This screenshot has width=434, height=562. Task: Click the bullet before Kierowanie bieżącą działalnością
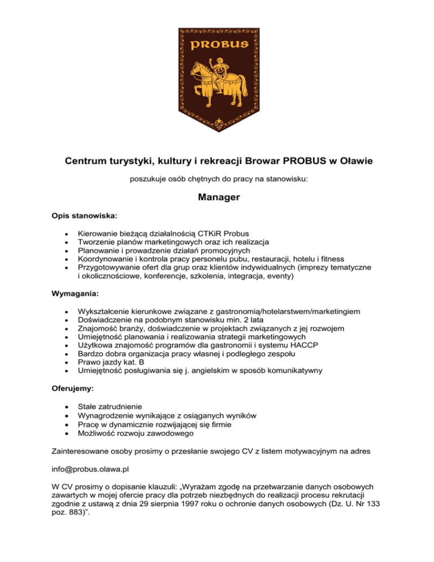(x=67, y=232)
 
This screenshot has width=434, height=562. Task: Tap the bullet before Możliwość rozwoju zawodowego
(x=67, y=434)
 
